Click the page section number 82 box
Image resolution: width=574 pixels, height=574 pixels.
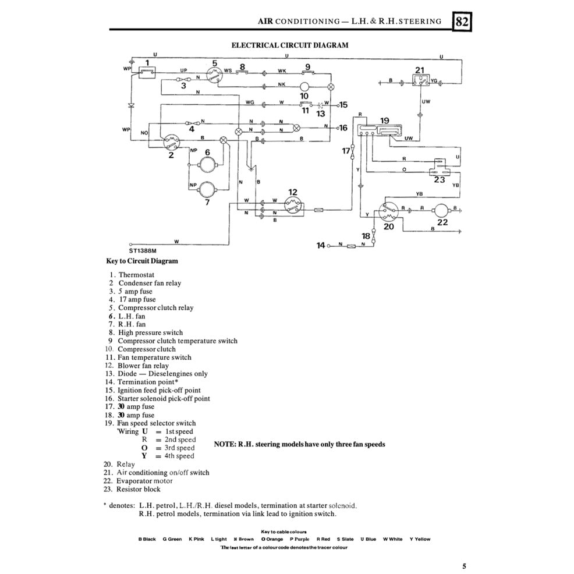pos(462,22)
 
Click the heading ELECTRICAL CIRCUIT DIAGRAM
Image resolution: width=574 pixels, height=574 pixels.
pos(290,45)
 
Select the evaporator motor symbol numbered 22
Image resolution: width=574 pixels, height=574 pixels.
pos(442,209)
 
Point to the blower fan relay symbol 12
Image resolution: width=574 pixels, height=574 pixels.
pos(292,204)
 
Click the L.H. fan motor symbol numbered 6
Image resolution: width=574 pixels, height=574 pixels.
pos(207,165)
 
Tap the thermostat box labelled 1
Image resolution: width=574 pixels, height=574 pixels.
pos(147,72)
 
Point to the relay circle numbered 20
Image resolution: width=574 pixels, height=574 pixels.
pos(388,211)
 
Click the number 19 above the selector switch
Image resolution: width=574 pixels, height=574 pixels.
pos(384,121)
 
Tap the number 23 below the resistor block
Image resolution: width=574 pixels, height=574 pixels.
pos(440,180)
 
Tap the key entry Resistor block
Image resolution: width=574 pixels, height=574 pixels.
pos(138,489)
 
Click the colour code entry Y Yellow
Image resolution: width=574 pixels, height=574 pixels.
pos(420,539)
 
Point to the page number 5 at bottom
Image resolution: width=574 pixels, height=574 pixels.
pos(464,565)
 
